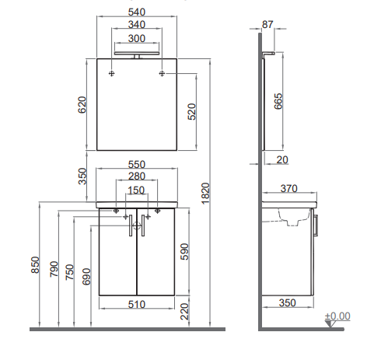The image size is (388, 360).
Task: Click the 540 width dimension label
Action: point(137,12)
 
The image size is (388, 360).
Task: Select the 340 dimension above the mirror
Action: point(137,25)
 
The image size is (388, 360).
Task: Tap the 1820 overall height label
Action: point(205,194)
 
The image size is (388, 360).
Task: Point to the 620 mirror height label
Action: point(82,105)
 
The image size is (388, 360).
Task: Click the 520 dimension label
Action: point(192,111)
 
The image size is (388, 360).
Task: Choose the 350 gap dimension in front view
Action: point(82,177)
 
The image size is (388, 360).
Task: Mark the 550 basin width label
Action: point(137,165)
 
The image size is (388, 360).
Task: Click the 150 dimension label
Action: point(136,190)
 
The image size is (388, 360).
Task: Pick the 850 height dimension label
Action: point(35,264)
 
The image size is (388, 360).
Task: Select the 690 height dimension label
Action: point(86,277)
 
